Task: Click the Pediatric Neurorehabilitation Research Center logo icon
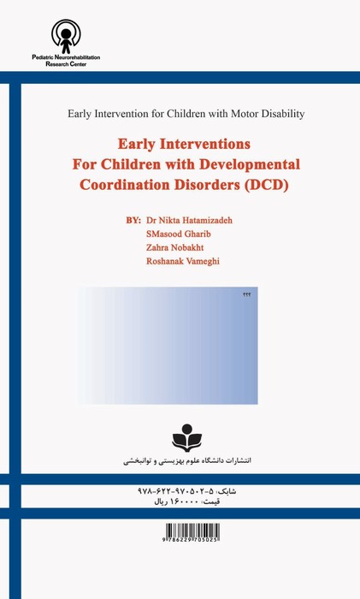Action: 65,36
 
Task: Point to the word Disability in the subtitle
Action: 280,113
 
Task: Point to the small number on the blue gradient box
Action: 248,295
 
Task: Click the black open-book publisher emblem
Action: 188,440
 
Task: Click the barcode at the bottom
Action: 188,540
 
